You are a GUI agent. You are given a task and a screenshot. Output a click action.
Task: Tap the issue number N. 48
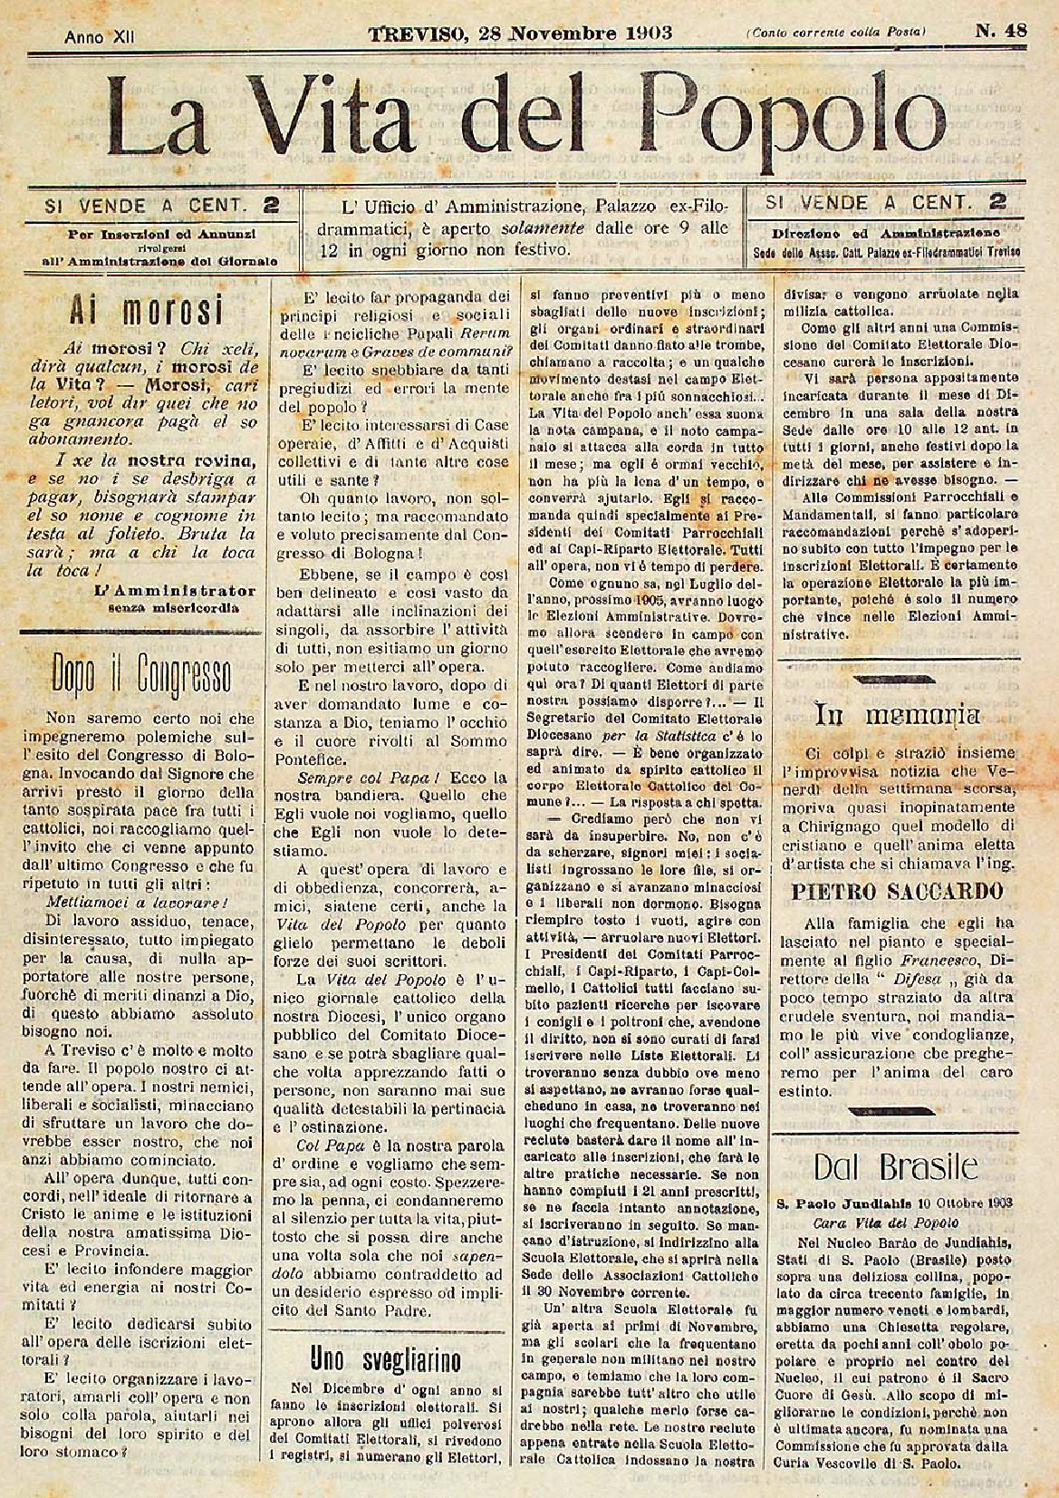[1000, 33]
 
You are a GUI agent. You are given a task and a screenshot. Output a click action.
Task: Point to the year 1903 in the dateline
[640, 34]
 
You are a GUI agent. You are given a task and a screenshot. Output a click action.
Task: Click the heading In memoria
[898, 714]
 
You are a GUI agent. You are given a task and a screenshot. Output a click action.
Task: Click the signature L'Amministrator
[174, 590]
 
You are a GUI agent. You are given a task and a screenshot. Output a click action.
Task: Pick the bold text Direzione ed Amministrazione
[886, 233]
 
